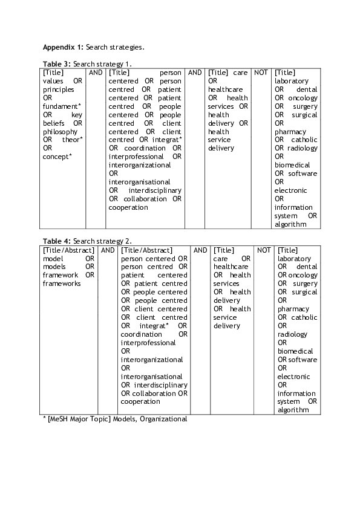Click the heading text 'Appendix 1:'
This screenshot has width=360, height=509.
click(63, 46)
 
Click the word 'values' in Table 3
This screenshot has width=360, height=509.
click(53, 81)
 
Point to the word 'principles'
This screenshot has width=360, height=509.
click(59, 89)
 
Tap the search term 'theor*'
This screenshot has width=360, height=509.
click(73, 140)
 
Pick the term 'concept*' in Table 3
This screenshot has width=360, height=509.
click(58, 157)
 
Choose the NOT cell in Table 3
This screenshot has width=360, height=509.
click(261, 73)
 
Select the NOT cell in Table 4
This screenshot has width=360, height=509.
click(264, 250)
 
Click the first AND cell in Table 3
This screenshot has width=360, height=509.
click(96, 73)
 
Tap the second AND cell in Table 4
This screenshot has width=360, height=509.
click(200, 250)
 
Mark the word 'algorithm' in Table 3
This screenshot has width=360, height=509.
click(290, 225)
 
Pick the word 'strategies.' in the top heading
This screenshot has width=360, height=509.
click(128, 46)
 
